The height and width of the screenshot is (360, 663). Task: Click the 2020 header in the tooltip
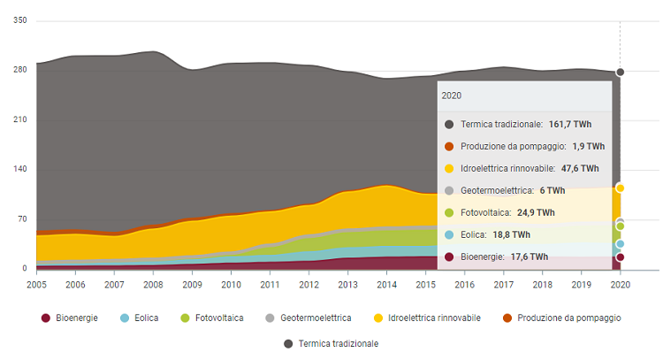(x=451, y=96)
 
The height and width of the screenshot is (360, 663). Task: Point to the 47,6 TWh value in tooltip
(x=580, y=168)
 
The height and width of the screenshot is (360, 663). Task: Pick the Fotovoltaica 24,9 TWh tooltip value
(x=536, y=212)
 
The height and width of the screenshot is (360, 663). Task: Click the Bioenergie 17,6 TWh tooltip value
(x=528, y=257)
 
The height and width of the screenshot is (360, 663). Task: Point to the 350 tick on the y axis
(x=20, y=20)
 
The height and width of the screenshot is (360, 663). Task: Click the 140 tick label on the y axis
(x=20, y=169)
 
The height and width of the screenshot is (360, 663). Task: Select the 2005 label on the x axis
(x=37, y=285)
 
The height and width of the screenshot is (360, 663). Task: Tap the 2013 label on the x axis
(x=348, y=285)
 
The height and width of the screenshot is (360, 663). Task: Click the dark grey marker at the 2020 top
(x=621, y=72)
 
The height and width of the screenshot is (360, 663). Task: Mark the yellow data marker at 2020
(x=621, y=188)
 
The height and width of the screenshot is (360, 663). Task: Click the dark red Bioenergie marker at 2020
(x=621, y=257)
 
